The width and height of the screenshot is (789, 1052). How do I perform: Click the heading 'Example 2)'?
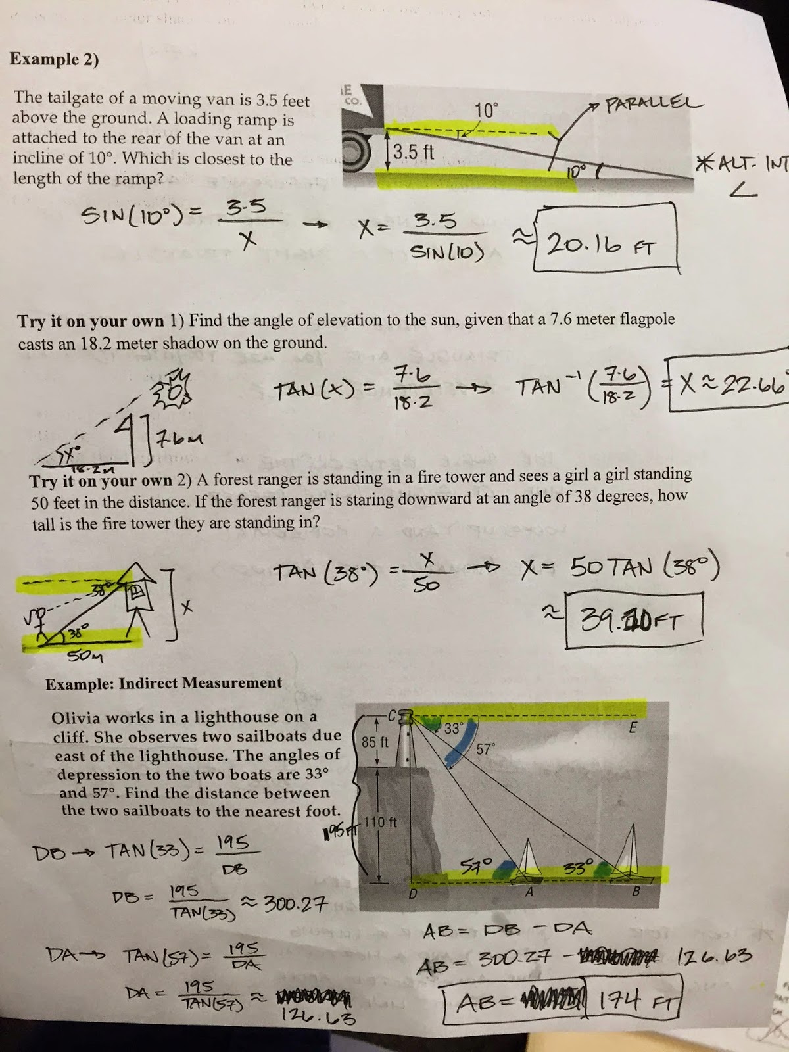(x=54, y=59)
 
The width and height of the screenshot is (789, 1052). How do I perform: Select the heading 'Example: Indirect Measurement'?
(x=164, y=683)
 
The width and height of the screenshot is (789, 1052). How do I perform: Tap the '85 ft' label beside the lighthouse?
(x=375, y=742)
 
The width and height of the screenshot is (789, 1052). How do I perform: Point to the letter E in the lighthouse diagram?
(x=633, y=727)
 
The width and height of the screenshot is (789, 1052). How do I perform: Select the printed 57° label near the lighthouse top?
(x=485, y=749)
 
